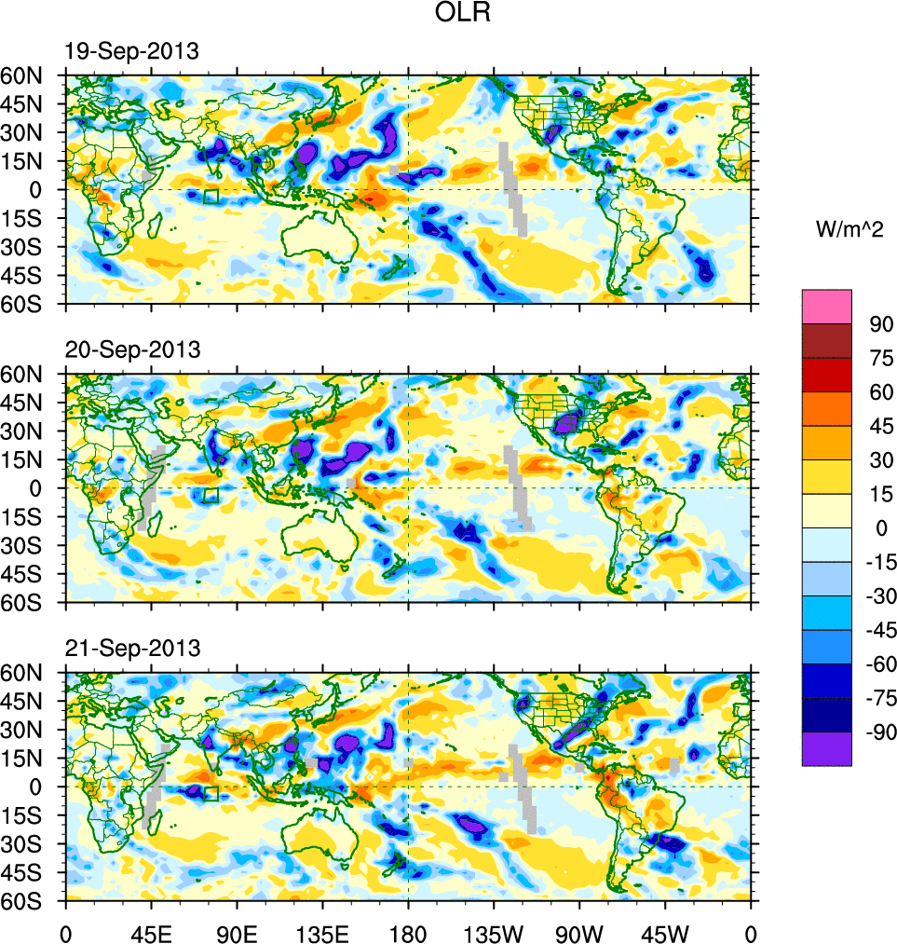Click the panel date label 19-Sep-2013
pos(130,52)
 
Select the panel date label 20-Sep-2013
pos(131,350)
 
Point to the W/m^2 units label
pos(850,231)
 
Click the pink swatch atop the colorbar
pos(826,306)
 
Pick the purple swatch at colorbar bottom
pos(826,748)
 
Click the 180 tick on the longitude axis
pos(408,932)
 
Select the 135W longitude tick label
pos(494,932)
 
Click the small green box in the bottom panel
pos(211,793)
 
